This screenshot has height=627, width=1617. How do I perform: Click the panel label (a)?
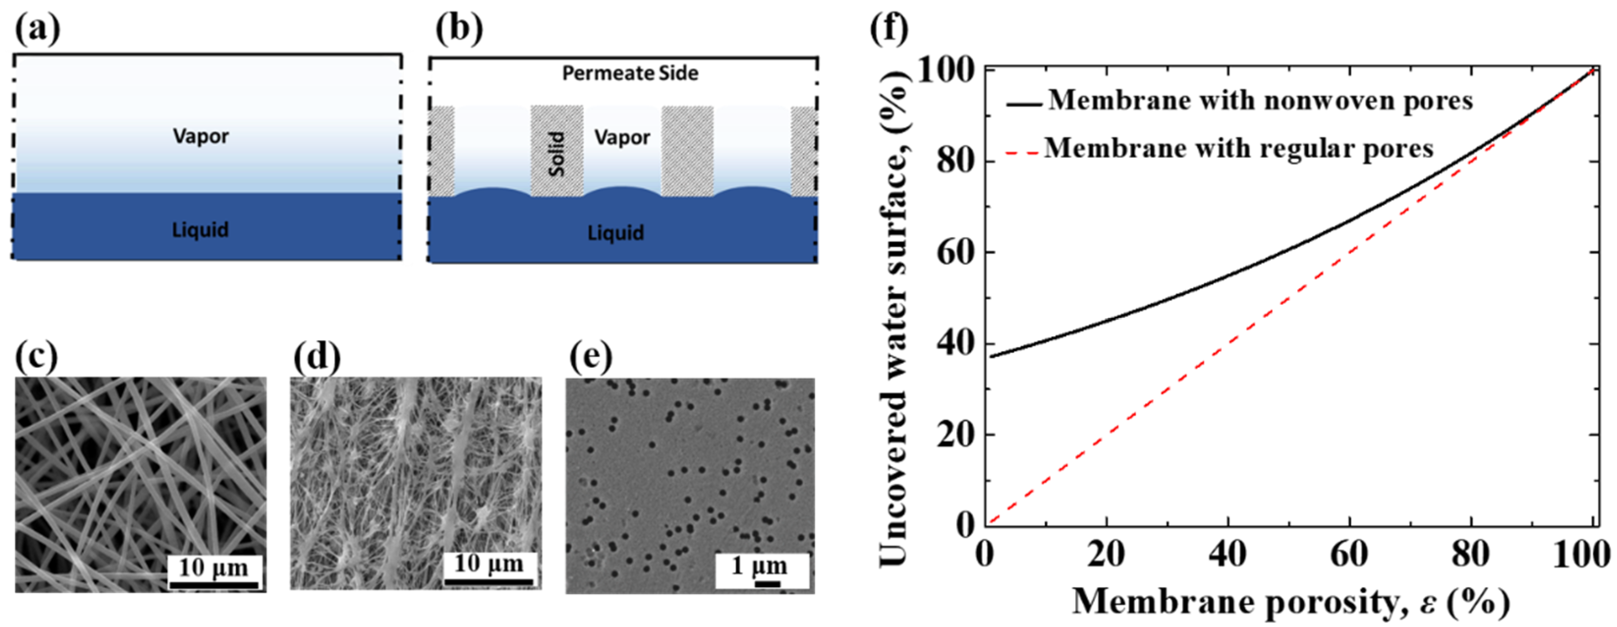click(x=37, y=29)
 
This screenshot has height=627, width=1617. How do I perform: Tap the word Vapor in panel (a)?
click(x=201, y=136)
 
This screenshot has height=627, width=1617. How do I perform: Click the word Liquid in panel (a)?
click(x=200, y=230)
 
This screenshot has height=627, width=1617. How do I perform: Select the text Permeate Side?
click(x=630, y=74)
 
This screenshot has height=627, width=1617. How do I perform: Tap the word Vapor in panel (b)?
click(x=622, y=137)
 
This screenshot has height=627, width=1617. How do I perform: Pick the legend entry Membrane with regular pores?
click(x=1238, y=149)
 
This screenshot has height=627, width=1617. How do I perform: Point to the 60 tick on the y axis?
click(x=954, y=253)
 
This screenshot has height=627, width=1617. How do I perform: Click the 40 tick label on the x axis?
click(x=1227, y=555)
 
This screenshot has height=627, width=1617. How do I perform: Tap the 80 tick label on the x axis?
click(x=1471, y=555)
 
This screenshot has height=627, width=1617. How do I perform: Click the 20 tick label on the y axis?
click(x=954, y=435)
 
